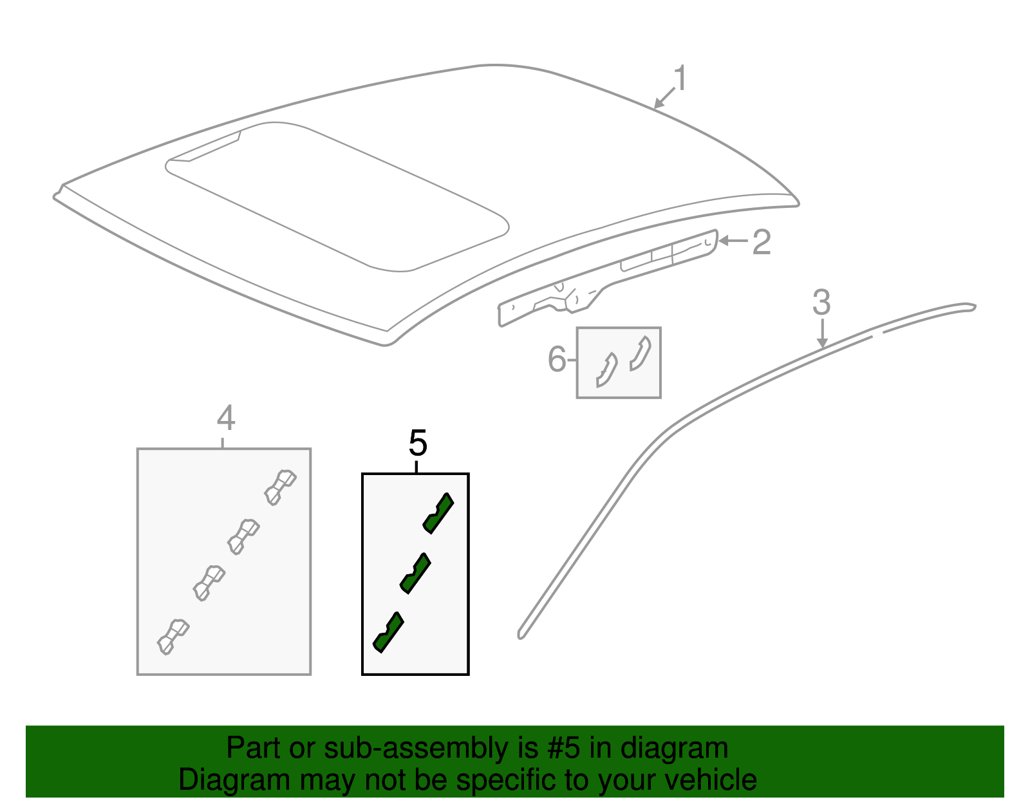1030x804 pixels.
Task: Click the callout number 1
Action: (x=680, y=79)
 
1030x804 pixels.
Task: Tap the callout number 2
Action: (x=762, y=243)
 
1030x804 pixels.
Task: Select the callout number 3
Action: (x=821, y=303)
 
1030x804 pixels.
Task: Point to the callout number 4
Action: (x=225, y=418)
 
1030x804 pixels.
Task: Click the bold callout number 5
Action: (x=418, y=444)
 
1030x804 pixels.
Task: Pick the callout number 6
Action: (x=557, y=359)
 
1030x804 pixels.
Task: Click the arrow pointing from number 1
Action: (x=664, y=98)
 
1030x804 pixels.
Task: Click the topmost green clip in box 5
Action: (x=438, y=513)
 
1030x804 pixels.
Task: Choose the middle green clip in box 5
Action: (x=415, y=572)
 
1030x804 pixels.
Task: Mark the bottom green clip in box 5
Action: (x=388, y=632)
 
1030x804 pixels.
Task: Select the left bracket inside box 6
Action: (x=606, y=371)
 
